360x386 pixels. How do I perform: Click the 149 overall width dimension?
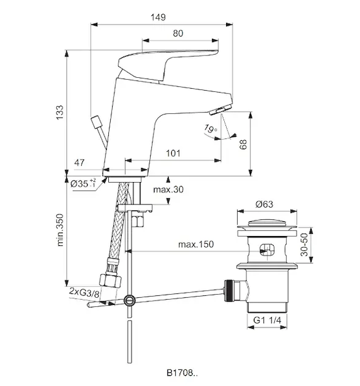[x=158, y=17]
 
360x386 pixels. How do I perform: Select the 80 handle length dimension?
[x=178, y=33]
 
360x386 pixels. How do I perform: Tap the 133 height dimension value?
[x=60, y=113]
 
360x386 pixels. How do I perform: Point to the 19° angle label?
[x=211, y=129]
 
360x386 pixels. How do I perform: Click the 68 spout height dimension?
[x=243, y=144]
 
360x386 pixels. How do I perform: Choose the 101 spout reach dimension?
[x=173, y=153]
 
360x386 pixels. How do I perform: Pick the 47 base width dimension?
[x=79, y=163]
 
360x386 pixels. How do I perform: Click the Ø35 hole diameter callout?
[x=83, y=183]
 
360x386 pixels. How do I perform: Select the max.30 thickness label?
[x=168, y=189]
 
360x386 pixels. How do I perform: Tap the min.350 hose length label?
[x=60, y=230]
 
